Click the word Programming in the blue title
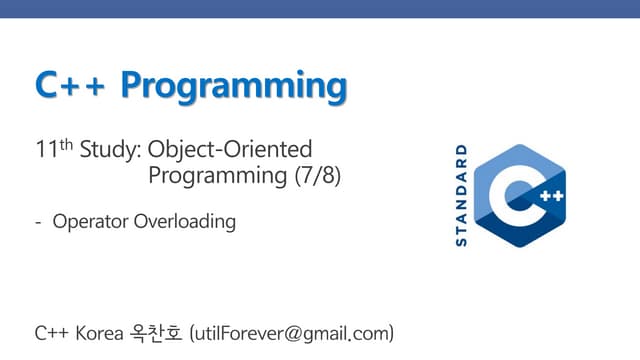[x=234, y=87]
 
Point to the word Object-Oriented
[x=230, y=151]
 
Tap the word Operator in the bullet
[x=91, y=222]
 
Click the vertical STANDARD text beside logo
[x=461, y=195]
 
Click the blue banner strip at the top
[x=320, y=8]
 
